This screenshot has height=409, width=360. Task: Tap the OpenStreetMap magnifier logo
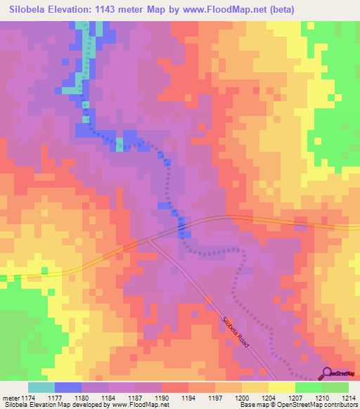coord(328,373)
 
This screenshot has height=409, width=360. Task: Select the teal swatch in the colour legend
coord(41,387)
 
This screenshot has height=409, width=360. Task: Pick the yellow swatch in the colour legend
coord(281,387)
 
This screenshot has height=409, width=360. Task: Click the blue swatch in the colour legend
coord(68,387)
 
